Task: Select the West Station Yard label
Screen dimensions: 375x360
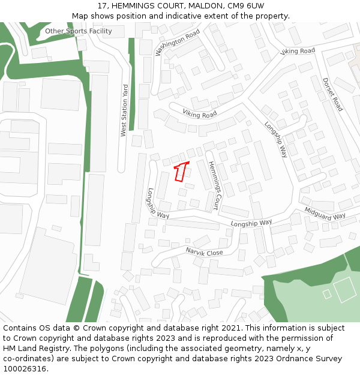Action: pyautogui.click(x=124, y=110)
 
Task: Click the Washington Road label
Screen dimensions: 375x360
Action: pyautogui.click(x=178, y=43)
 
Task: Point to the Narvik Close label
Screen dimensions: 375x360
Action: pyautogui.click(x=204, y=251)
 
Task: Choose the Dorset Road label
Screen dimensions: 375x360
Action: pyautogui.click(x=332, y=94)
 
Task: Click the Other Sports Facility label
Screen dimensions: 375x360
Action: pyautogui.click(x=79, y=31)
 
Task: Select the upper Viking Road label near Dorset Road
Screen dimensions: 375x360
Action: pyautogui.click(x=298, y=52)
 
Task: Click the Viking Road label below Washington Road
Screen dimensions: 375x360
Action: pyautogui.click(x=200, y=114)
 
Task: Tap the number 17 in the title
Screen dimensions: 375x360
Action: pyautogui.click(x=101, y=5)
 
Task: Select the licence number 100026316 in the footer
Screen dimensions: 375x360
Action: pyautogui.click(x=25, y=368)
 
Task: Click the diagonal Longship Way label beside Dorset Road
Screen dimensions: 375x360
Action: pyautogui.click(x=276, y=139)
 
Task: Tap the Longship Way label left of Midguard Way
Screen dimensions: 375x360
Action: pyautogui.click(x=251, y=223)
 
